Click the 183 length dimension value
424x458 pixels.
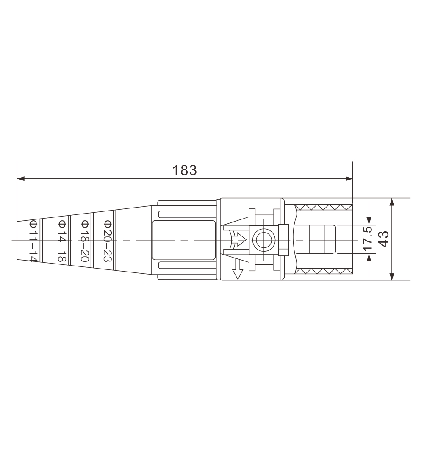185,170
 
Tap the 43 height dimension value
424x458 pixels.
384,239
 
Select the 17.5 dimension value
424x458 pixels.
368,238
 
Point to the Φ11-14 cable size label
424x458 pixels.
33,241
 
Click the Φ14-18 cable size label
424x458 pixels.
62,241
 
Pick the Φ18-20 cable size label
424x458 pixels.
85,241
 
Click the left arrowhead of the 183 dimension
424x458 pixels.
20,179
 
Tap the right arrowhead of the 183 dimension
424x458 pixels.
349,179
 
